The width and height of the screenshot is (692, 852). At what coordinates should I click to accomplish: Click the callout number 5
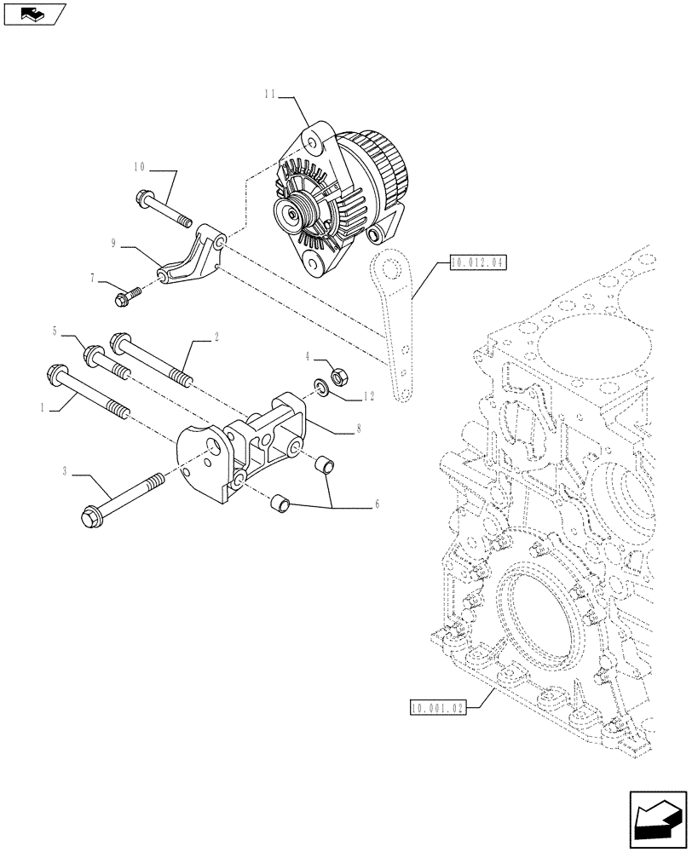coord(78,330)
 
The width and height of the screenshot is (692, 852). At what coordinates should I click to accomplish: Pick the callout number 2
coord(216,337)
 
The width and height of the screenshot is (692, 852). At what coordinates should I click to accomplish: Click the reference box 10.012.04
coord(476,263)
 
